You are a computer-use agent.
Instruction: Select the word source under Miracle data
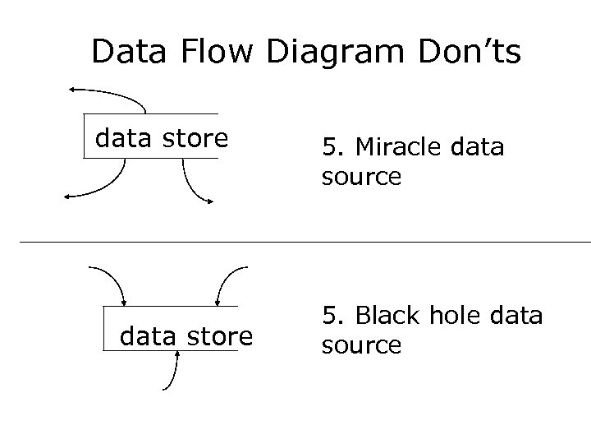pos(361,177)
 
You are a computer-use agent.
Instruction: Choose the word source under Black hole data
pos(361,345)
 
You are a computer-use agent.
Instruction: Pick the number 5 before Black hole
pos(329,315)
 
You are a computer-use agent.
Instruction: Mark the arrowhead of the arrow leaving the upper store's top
pos(73,88)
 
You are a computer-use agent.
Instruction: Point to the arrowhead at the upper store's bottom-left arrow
pos(68,196)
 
